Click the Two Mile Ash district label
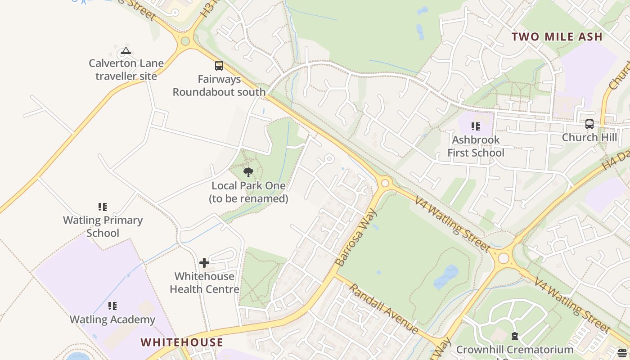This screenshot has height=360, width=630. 557,37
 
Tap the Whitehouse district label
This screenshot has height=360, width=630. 182,342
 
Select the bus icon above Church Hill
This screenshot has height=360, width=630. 589,124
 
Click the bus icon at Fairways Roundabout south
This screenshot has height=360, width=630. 219,66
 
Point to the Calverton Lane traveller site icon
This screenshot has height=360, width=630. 126,51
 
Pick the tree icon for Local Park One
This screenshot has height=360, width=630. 248,172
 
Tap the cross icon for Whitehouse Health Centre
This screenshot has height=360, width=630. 204,262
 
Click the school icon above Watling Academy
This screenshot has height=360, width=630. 112,306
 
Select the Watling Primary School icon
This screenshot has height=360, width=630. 103,207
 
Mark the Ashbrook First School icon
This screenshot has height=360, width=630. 476,126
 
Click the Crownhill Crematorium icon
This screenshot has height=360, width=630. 514,336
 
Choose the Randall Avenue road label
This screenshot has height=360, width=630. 383,309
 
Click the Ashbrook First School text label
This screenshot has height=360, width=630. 476,146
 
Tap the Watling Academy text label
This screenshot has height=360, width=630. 112,320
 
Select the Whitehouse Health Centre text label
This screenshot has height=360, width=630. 204,283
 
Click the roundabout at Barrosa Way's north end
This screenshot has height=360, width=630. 385,183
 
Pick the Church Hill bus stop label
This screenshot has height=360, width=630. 589,137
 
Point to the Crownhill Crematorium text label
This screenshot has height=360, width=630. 514,350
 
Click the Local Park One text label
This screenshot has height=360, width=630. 248,192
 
